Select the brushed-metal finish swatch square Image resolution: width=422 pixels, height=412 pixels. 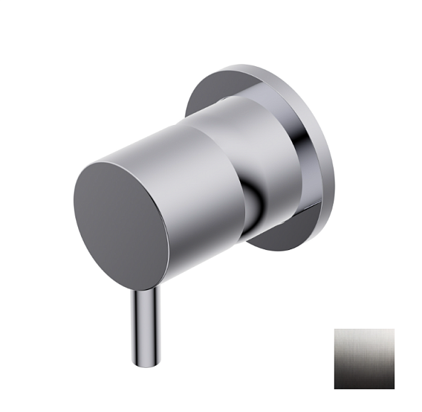click(x=364, y=358)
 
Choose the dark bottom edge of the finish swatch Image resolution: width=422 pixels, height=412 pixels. click(x=364, y=386)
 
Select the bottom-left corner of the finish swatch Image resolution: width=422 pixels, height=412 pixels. click(x=336, y=387)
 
